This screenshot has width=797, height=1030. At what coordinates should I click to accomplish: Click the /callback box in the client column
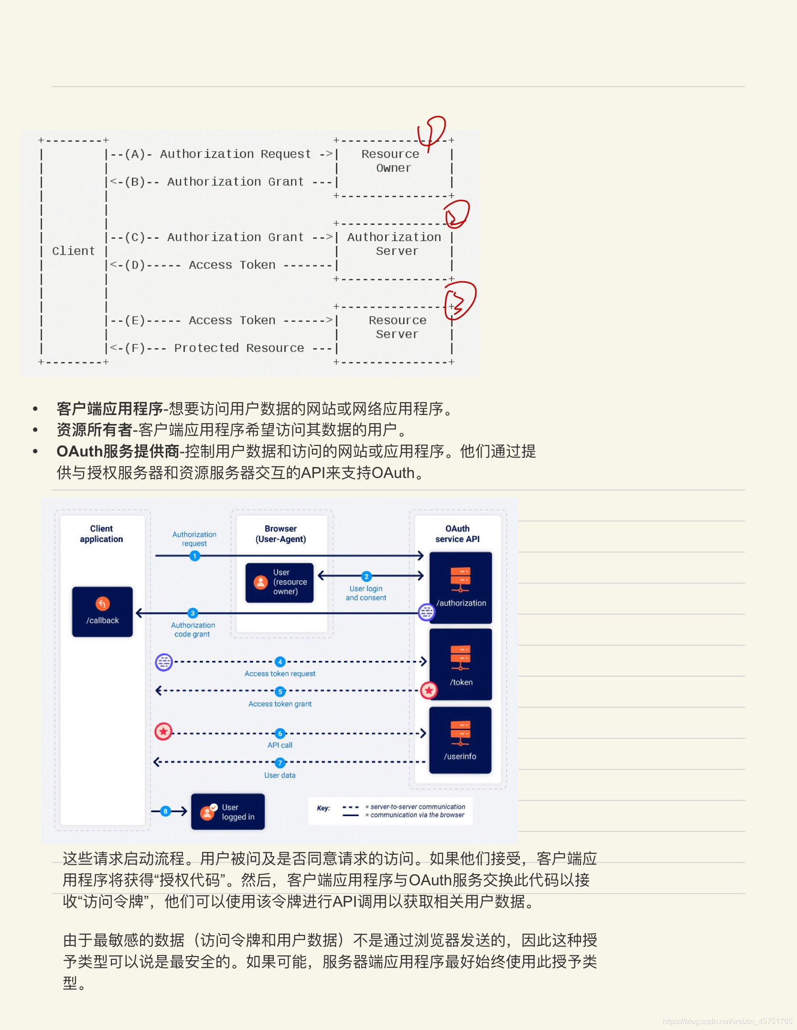[x=102, y=612]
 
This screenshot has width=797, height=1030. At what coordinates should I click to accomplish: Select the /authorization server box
[x=461, y=588]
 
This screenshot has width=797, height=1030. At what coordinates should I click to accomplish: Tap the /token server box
[x=461, y=665]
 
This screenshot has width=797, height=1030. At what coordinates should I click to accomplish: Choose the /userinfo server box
[x=460, y=740]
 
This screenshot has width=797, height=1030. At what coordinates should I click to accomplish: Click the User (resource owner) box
[x=280, y=583]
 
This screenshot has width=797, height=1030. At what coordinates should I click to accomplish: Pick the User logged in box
[x=228, y=812]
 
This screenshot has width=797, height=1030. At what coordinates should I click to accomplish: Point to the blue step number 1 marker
[x=194, y=556]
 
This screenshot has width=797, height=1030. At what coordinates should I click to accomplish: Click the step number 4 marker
[x=280, y=662]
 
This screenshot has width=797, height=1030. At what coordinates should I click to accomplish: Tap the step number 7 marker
[x=280, y=763]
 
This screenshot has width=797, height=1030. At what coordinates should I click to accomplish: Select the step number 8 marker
[x=165, y=811]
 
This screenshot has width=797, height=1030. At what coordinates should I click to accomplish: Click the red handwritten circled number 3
[x=459, y=301]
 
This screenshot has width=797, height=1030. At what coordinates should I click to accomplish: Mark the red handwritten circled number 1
[x=432, y=132]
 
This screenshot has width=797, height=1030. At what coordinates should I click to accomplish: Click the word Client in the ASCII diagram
[x=74, y=251]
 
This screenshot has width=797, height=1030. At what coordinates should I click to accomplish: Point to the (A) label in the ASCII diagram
[x=135, y=154]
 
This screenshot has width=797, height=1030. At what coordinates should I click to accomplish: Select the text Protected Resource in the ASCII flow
[x=239, y=348]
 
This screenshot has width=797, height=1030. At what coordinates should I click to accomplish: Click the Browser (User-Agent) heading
[x=280, y=534]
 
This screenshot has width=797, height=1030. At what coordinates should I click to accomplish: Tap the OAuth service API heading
[x=457, y=534]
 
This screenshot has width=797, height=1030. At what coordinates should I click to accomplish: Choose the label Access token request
[x=280, y=674]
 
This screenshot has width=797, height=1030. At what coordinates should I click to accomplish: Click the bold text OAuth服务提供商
[x=118, y=451]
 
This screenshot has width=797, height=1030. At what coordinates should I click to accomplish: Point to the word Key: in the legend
[x=323, y=808]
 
